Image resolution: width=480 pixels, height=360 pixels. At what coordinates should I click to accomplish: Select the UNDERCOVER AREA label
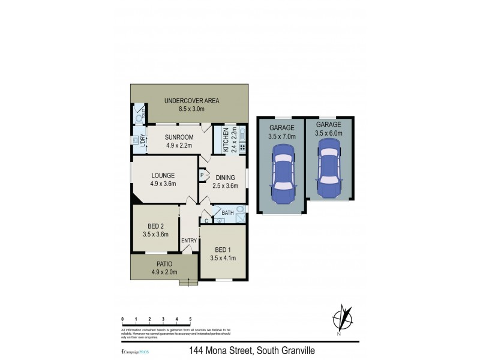pos(191,101)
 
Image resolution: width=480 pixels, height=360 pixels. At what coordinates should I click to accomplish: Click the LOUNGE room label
pos(163,176)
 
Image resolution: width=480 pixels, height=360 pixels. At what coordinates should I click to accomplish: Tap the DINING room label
pos(226,178)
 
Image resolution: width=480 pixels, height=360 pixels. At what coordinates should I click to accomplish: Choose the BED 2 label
pos(155,226)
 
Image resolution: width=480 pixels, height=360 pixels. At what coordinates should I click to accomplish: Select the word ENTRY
pos(189,241)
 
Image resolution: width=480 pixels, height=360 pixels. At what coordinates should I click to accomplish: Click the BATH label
pos(228,213)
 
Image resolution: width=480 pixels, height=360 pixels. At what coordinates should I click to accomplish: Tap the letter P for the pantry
pos(202,176)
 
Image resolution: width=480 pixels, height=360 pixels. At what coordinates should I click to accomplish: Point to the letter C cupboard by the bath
pos(206,221)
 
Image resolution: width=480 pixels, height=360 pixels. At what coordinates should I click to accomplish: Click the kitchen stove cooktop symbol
pos(242,146)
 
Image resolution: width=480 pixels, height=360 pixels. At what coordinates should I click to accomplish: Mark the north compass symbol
pos(343,317)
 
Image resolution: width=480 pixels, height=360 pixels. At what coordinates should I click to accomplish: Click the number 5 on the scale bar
pos(190,319)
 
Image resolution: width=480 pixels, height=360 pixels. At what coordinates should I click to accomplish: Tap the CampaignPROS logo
pos(134,350)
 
